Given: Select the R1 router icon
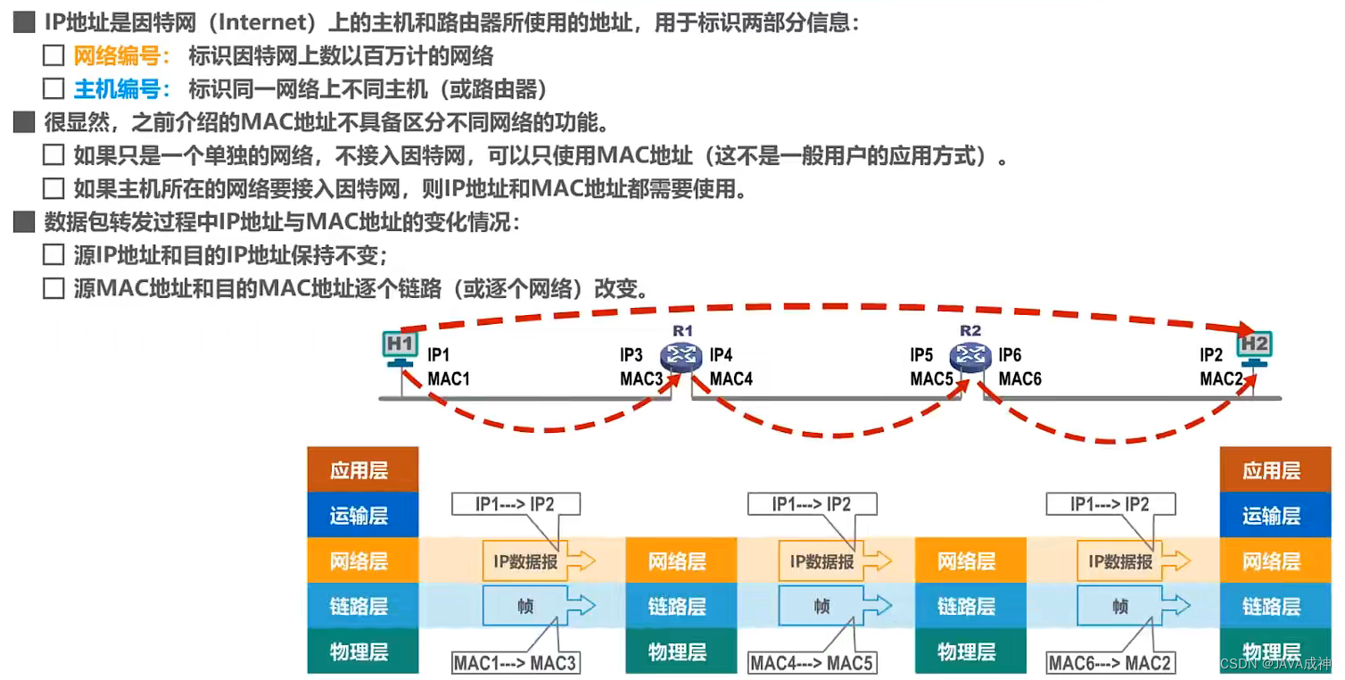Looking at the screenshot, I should tap(682, 357).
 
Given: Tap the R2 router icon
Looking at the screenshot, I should tap(970, 357).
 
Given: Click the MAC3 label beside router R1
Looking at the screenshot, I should tap(641, 379).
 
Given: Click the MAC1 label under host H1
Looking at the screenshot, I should tap(449, 379).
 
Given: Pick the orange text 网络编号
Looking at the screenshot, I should tap(121, 57).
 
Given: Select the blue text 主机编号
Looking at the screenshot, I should tap(121, 89).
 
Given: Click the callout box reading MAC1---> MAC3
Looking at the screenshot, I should tap(516, 663).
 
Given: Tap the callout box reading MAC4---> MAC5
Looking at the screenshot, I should tap(813, 663).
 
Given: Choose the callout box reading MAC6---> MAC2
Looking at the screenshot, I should tap(1110, 663).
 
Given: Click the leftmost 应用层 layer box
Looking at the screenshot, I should tap(361, 471).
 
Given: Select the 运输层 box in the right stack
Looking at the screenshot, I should tap(1271, 517).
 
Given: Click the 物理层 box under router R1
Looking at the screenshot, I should tap(678, 651).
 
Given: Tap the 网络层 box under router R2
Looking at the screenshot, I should tap(967, 562).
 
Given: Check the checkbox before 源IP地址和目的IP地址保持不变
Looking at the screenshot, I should tap(54, 256).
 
